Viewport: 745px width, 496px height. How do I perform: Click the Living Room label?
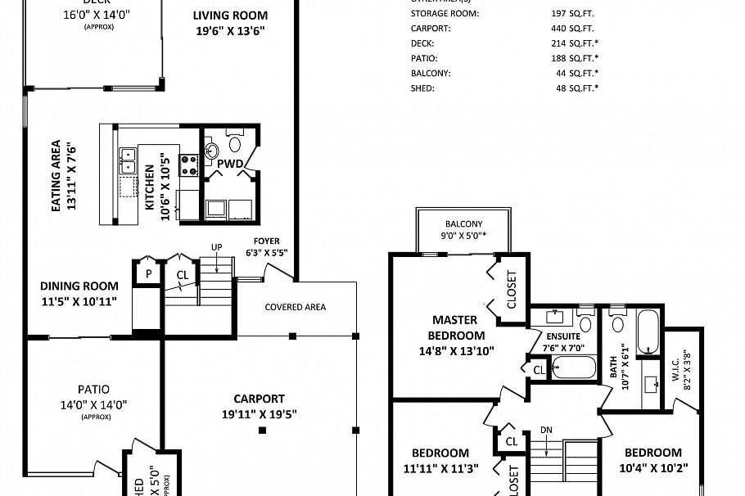pyautogui.click(x=230, y=16)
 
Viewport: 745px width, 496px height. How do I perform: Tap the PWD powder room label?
pyautogui.click(x=230, y=164)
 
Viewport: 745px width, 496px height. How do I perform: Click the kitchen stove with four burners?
pyautogui.click(x=189, y=165)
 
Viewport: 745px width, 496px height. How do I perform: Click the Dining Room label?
pyautogui.click(x=79, y=286)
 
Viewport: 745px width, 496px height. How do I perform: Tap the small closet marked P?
pyautogui.click(x=149, y=273)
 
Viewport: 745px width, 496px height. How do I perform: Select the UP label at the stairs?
pyautogui.click(x=217, y=246)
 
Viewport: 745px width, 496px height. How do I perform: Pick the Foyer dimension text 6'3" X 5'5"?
pyautogui.click(x=267, y=252)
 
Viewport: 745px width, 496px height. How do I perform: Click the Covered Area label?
pyautogui.click(x=295, y=307)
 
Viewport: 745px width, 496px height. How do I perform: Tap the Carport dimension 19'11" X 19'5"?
pyautogui.click(x=259, y=413)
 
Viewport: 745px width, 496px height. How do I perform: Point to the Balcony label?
pyautogui.click(x=463, y=224)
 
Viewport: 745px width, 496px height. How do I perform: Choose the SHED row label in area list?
pyautogui.click(x=422, y=88)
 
